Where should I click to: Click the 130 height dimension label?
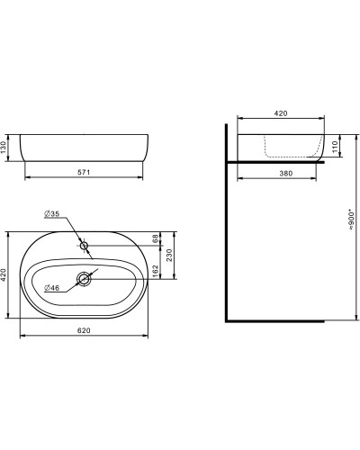click(x=4, y=148)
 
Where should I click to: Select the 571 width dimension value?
click(x=84, y=172)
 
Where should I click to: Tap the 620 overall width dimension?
click(x=84, y=330)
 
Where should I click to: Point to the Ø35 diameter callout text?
click(x=51, y=213)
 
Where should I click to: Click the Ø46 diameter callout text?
click(x=51, y=288)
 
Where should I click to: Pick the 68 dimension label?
click(x=155, y=238)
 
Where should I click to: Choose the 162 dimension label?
click(x=155, y=271)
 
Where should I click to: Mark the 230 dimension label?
click(x=169, y=255)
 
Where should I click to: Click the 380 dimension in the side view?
click(x=286, y=173)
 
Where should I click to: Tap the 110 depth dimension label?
click(x=335, y=147)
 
